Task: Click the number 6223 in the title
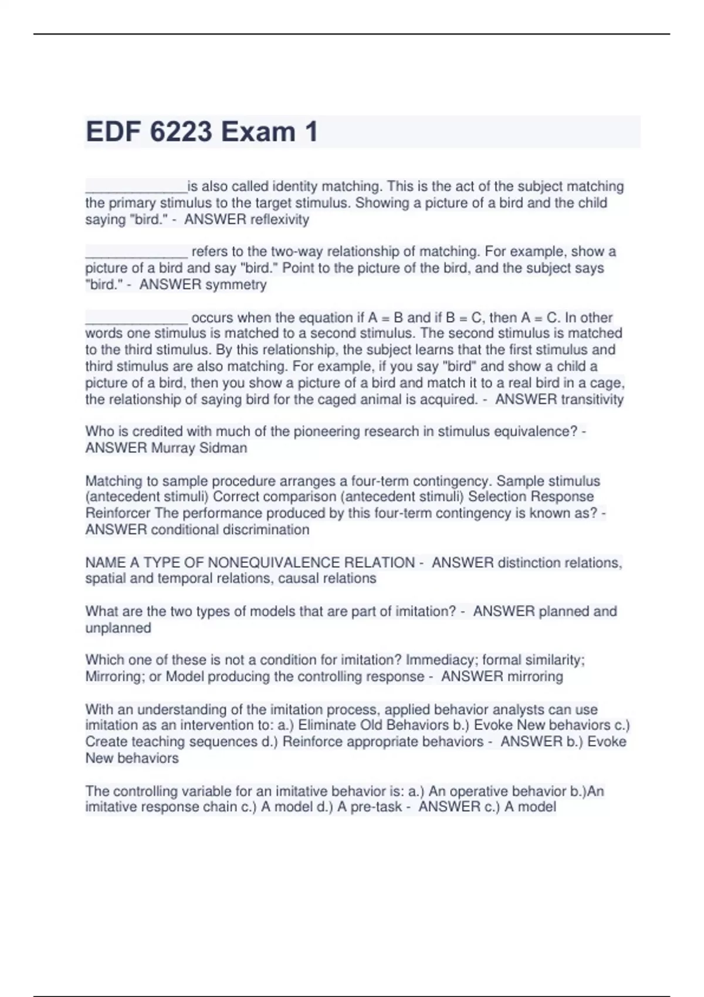[x=181, y=131]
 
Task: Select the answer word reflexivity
[x=279, y=220]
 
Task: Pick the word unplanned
[x=119, y=628]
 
